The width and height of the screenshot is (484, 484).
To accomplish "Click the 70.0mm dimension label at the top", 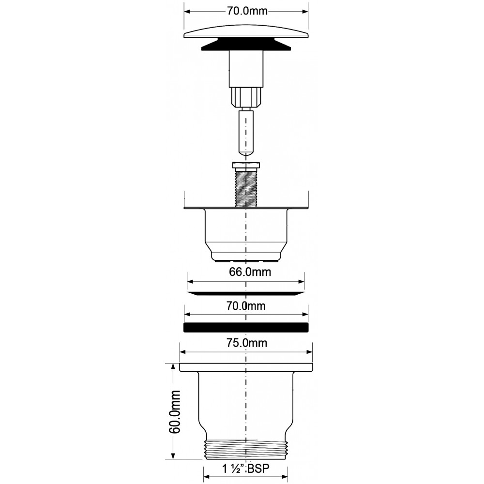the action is click(x=247, y=11).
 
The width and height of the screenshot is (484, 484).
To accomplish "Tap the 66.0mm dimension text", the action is click(x=250, y=272).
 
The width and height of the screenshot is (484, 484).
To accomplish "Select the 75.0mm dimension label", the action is click(x=247, y=343).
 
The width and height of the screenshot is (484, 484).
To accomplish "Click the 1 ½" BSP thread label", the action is click(x=246, y=469).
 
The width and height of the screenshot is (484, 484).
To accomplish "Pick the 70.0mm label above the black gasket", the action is click(x=246, y=306).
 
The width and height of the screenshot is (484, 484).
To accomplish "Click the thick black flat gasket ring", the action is click(x=246, y=328).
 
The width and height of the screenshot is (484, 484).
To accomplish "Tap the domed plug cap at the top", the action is click(x=246, y=32).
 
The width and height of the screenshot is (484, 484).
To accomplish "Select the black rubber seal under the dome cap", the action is click(x=246, y=44).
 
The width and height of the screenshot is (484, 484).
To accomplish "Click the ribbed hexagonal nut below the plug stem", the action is click(x=246, y=97).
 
